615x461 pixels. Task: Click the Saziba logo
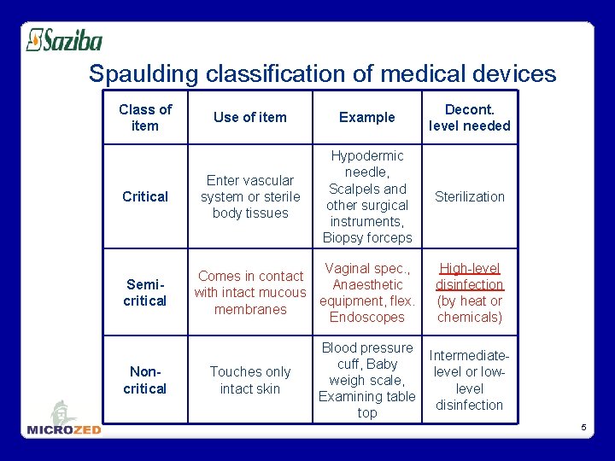[x=64, y=40]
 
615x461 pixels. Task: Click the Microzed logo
[x=64, y=419]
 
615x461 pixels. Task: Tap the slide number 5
[x=583, y=427]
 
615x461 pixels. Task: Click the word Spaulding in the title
[x=146, y=74]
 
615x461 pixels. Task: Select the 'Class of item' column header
[x=145, y=117]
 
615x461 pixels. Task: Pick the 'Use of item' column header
[x=249, y=117]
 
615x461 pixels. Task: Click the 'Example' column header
[x=366, y=117]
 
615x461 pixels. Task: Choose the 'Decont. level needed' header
[x=469, y=117]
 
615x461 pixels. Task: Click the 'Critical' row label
[x=145, y=196]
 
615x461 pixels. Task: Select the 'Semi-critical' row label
[x=145, y=292]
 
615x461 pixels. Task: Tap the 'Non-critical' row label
[x=145, y=380]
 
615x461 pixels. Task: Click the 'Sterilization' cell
[x=469, y=196]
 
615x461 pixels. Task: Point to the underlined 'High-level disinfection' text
[x=469, y=277]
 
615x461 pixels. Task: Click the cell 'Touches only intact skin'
[x=249, y=380]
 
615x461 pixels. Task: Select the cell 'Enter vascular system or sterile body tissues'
[x=249, y=196]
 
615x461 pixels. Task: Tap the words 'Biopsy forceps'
[x=367, y=238]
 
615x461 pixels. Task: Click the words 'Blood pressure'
[x=367, y=347]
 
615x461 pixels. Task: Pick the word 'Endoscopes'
[x=367, y=317]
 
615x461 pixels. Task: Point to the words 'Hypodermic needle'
[x=367, y=164]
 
